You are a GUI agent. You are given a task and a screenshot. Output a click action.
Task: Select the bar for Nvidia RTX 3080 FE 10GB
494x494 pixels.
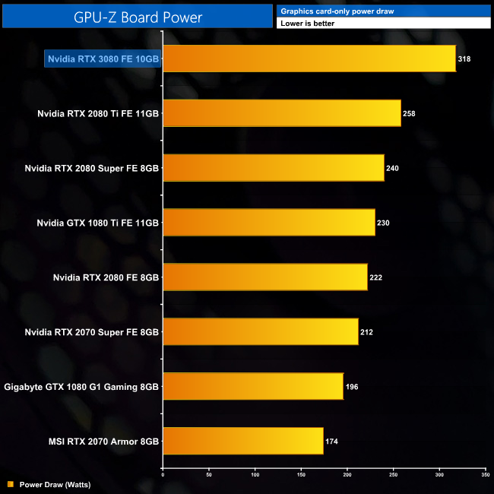click(309, 59)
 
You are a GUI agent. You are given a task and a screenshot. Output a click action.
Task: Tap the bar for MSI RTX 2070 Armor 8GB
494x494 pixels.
click(242, 441)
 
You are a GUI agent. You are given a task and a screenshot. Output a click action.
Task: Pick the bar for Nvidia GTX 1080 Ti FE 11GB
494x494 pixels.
click(268, 222)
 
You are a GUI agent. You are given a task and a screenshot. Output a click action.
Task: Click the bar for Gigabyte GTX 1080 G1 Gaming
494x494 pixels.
click(252, 386)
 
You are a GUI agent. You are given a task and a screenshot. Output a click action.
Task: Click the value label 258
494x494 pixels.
click(410, 113)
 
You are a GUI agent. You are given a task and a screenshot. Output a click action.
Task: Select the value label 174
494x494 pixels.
click(333, 441)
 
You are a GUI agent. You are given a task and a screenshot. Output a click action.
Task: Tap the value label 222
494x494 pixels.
click(376, 277)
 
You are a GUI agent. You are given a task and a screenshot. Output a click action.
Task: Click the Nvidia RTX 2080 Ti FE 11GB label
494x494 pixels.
click(98, 113)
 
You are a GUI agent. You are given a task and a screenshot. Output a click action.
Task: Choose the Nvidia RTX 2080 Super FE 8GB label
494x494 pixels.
click(92, 168)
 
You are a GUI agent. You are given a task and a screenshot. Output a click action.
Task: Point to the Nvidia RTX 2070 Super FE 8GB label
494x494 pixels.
click(92, 332)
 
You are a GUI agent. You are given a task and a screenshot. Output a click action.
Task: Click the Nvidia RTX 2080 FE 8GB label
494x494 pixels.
click(106, 277)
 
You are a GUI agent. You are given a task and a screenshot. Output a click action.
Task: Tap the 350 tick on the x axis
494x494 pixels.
click(485, 475)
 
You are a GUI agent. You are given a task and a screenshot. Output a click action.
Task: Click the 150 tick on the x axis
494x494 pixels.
click(301, 475)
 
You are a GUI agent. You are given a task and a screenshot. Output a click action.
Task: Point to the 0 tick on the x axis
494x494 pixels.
click(163, 475)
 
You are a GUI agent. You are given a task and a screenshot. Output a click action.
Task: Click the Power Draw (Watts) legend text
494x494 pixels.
click(55, 484)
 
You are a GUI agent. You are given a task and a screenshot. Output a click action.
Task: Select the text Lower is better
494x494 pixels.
click(307, 24)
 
